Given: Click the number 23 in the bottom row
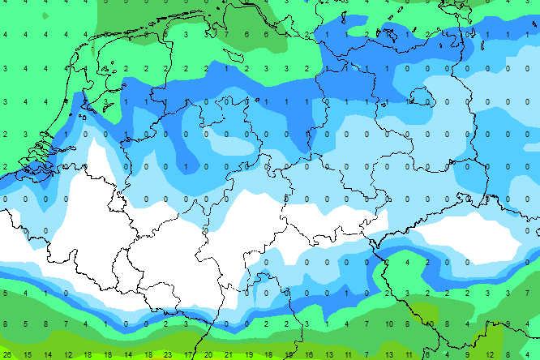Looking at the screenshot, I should click(168, 354).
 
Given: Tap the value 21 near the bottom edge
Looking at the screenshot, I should click(228, 354).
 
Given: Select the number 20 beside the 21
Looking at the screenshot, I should click(208, 354).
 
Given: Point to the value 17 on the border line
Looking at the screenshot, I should click(188, 354).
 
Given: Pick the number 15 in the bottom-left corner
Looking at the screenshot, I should click(28, 354).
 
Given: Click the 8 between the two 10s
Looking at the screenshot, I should click(428, 324).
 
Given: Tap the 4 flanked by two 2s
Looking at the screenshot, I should click(408, 262).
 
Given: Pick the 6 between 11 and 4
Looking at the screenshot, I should click(427, 354).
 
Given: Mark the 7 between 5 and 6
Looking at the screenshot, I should click(228, 34).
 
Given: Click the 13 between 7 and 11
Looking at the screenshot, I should click(388, 354).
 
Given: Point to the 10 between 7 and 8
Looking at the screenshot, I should click(408, 324).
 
